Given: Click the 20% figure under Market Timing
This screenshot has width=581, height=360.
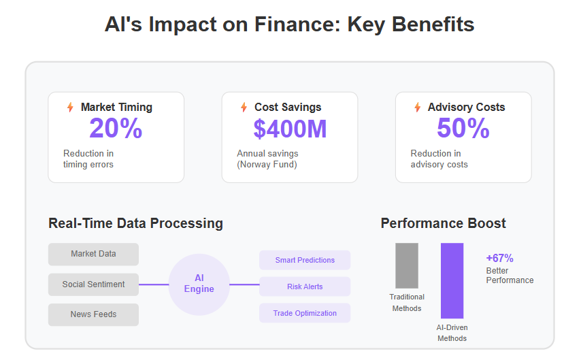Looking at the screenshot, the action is coord(116,129).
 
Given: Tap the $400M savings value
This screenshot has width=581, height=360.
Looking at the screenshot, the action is coord(290,129).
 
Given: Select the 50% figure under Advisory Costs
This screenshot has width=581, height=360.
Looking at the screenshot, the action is coord(463,129).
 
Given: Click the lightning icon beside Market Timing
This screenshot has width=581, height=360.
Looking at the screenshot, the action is coord(70,107).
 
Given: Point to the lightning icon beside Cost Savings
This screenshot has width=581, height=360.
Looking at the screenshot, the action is coord(244,107).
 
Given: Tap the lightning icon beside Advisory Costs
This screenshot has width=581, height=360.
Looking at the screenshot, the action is coord(417,107).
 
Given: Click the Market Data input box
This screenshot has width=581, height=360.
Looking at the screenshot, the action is coord(93,254).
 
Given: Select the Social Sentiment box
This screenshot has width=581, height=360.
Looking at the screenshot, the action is coord(93,284).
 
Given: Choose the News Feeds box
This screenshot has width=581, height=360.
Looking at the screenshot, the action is coord(93,314).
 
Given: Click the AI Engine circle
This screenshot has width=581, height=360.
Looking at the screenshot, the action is coord(199,284).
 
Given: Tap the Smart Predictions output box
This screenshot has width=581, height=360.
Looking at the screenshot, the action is coord(305,260).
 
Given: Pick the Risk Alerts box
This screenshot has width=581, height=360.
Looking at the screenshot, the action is coord(305,287).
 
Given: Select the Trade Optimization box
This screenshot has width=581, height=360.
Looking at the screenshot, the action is coord(305,313).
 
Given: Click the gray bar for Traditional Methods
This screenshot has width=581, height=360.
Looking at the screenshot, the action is coord(406,265).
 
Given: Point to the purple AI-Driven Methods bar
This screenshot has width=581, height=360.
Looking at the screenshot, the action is coord(452,280).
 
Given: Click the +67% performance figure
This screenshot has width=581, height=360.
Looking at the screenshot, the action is coord(499,258).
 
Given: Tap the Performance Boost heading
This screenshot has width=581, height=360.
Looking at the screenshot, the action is coord(443,223).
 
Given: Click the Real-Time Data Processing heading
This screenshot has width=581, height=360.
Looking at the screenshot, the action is coord(135,223).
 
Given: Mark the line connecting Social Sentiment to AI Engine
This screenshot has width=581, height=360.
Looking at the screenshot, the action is coord(154,284).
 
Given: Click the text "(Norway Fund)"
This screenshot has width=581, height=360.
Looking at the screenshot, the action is coord(267,164).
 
